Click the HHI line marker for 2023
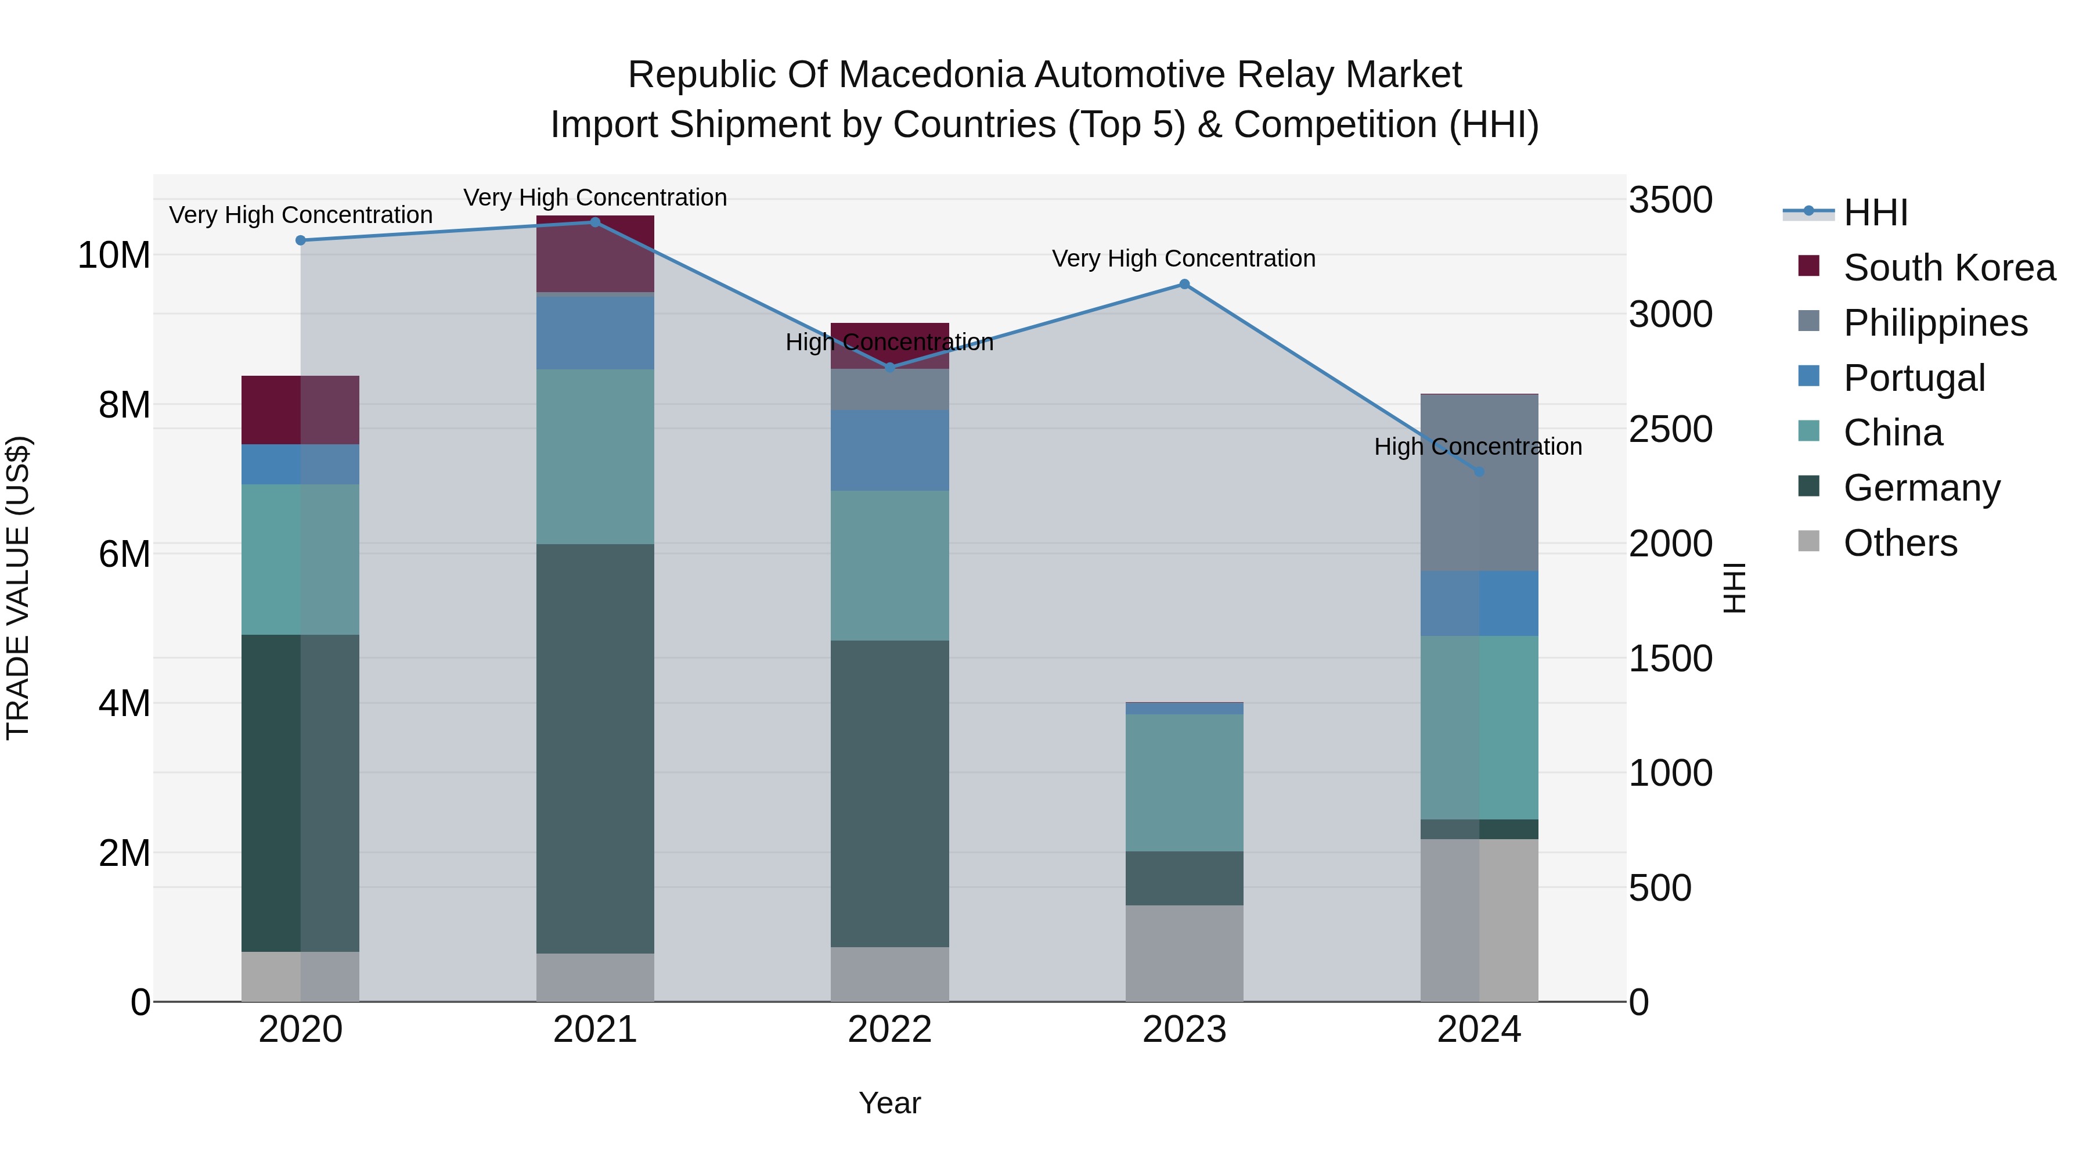pos(1184,284)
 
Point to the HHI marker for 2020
pos(300,240)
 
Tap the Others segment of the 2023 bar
pos(1184,953)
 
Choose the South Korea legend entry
pos(1947,268)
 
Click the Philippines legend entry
pos(1934,323)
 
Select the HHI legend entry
pos(1874,213)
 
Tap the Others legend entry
pos(1898,543)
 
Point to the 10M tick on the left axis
pos(114,256)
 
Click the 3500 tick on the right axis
pos(1670,200)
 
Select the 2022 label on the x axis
pos(889,1030)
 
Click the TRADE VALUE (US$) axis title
pos(18,588)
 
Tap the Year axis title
pos(889,1103)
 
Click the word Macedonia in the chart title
pos(933,75)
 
